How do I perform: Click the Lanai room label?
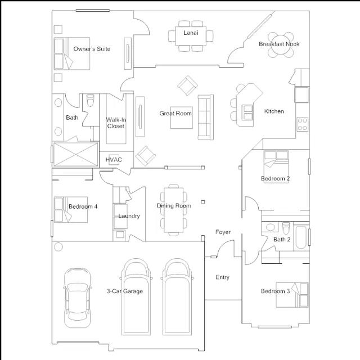pyautogui.click(x=191, y=33)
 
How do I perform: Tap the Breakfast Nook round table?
pyautogui.click(x=281, y=45)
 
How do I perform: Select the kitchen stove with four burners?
pyautogui.click(x=303, y=124)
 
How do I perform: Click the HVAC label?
pyautogui.click(x=114, y=160)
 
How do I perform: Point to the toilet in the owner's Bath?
pyautogui.click(x=90, y=100)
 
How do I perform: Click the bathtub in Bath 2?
pyautogui.click(x=301, y=237)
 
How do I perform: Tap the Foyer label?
pyautogui.click(x=223, y=232)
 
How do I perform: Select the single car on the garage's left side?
pyautogui.click(x=78, y=298)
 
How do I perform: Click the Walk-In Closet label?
pyautogui.click(x=116, y=123)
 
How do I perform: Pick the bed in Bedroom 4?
pyautogui.click(x=71, y=210)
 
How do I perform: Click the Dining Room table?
pyautogui.click(x=174, y=210)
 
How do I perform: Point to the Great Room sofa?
pyautogui.click(x=206, y=117)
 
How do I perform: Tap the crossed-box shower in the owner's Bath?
pyautogui.click(x=76, y=154)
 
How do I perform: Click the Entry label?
pyautogui.click(x=223, y=277)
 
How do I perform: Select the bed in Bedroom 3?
pyautogui.click(x=292, y=295)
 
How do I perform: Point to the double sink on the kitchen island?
pyautogui.click(x=247, y=112)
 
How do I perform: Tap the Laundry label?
pyautogui.click(x=129, y=216)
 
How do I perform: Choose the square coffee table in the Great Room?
pyautogui.click(x=182, y=118)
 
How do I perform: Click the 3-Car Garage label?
pyautogui.click(x=125, y=291)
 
